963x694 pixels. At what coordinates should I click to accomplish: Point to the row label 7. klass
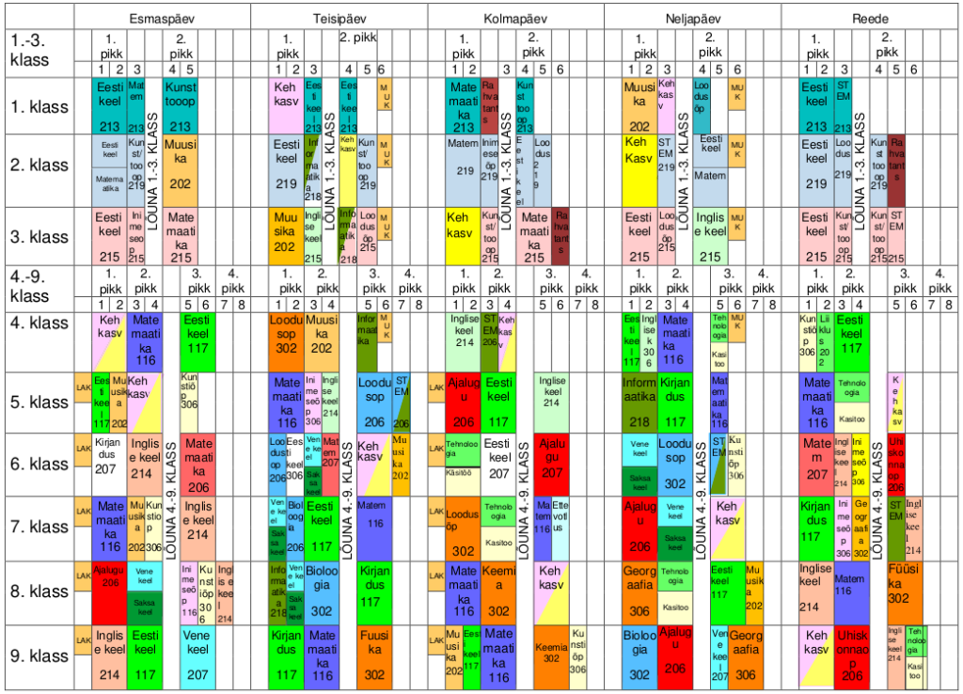pos(38,528)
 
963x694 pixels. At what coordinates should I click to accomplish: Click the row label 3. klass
pos(38,234)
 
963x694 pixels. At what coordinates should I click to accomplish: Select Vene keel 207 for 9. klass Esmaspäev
pos(198,655)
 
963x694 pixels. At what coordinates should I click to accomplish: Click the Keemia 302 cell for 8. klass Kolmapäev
pos(498,591)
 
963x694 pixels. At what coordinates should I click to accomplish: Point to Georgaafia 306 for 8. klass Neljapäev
pos(639,591)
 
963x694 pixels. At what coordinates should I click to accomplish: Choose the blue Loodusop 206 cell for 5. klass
pos(374,402)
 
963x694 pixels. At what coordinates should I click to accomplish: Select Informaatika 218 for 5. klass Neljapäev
pos(639,402)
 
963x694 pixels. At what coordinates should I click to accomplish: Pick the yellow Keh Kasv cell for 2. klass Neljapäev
pos(639,170)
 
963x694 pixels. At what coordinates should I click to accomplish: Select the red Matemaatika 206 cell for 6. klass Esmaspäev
pos(198,464)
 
